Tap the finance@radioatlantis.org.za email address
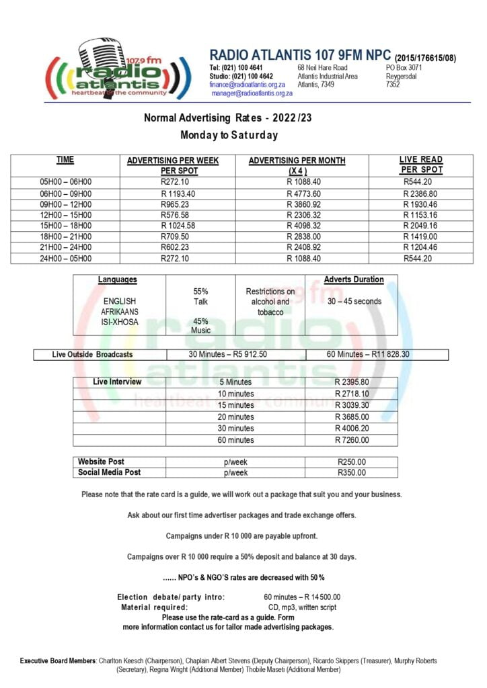[x=248, y=85]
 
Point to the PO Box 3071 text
[x=404, y=68]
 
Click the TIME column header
[x=65, y=160]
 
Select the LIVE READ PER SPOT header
[x=421, y=165]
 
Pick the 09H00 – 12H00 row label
[x=66, y=204]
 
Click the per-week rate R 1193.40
[x=178, y=193]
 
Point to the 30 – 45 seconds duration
[x=354, y=302]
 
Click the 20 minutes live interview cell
[x=236, y=417]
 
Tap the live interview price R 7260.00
[x=352, y=440]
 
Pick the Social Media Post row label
[x=110, y=472]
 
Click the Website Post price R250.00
[x=352, y=462]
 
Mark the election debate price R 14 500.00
[x=302, y=597]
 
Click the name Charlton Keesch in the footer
[x=123, y=661]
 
